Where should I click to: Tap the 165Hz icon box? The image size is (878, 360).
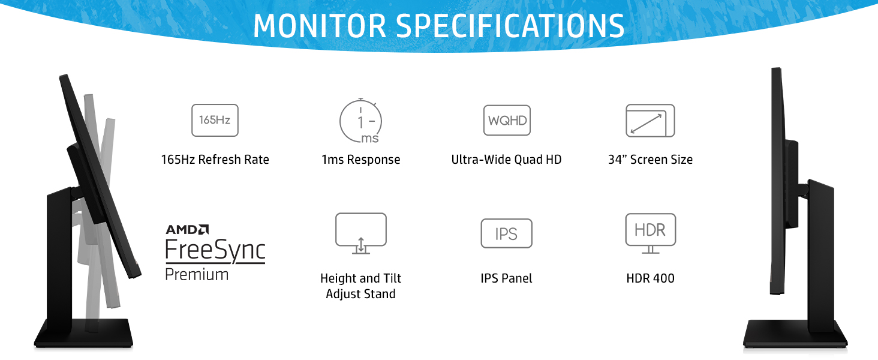(x=215, y=120)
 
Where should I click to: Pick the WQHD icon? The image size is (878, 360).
(x=507, y=120)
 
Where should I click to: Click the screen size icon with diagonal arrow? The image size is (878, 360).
(x=650, y=121)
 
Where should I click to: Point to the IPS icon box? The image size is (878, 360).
(x=506, y=233)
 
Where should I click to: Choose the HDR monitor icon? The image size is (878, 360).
(x=650, y=232)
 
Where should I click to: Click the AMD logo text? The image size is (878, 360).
(x=187, y=229)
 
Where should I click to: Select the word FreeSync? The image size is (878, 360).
(x=215, y=250)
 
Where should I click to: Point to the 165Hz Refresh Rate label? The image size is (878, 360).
(x=215, y=160)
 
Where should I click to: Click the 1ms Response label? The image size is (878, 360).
(x=360, y=160)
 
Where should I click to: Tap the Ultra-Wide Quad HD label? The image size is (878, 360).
(x=506, y=160)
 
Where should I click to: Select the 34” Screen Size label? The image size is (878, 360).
(x=650, y=160)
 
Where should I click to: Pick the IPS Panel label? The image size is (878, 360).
(x=506, y=278)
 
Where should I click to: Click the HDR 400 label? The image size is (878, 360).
(x=650, y=278)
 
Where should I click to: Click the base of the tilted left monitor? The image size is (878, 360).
(x=83, y=334)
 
